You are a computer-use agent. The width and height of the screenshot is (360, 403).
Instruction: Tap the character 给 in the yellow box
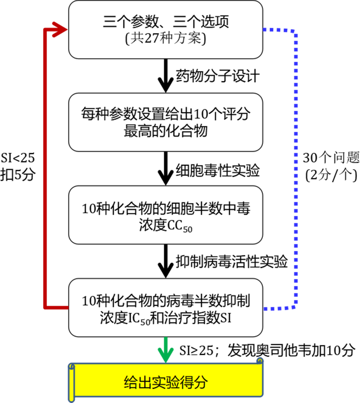[130, 383]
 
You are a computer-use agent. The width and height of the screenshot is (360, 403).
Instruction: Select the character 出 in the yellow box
[145, 383]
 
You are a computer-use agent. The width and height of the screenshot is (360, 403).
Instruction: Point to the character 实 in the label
[160, 383]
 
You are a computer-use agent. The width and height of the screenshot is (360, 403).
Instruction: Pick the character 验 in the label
[175, 383]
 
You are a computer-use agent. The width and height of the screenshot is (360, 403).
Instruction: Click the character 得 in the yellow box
[190, 383]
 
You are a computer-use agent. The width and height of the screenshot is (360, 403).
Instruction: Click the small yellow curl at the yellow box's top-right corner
[260, 361]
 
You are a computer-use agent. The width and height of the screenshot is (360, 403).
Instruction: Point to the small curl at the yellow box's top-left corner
[72, 366]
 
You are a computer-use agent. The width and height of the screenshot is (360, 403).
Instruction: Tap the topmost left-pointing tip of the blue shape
[265, 29]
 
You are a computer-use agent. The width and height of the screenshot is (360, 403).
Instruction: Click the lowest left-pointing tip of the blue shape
[265, 308]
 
